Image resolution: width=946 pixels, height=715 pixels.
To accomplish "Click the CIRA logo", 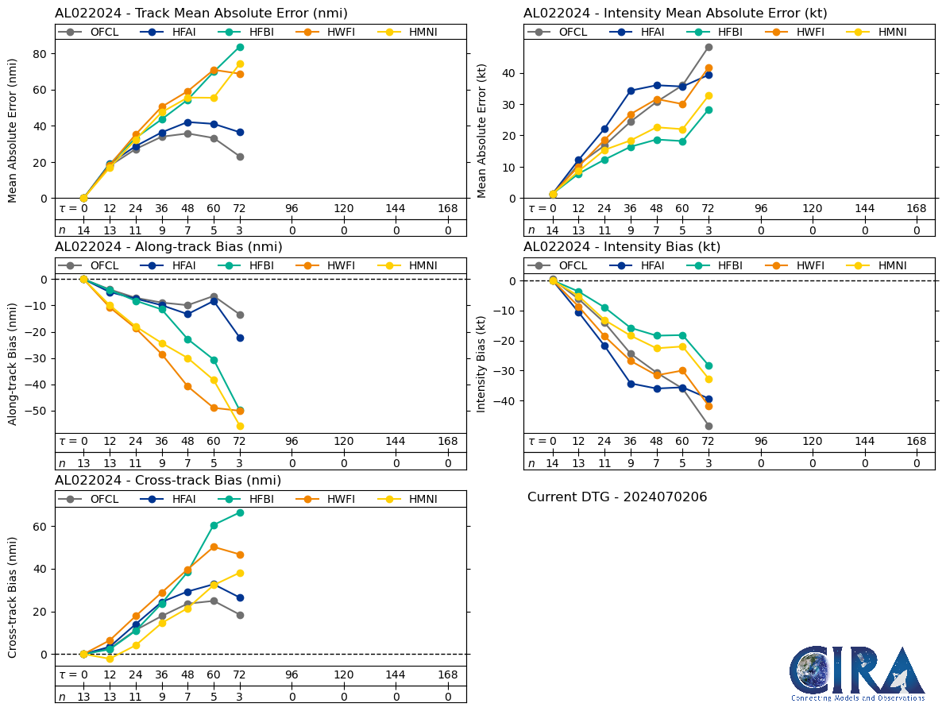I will point(856,673).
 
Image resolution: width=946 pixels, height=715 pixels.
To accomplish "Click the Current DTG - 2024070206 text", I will point(616,497).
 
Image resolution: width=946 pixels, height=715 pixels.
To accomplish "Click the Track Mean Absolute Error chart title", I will point(201,14).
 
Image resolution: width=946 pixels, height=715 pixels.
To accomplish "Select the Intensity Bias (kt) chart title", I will point(622,247).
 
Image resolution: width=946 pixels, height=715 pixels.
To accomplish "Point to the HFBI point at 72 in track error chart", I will point(240,47).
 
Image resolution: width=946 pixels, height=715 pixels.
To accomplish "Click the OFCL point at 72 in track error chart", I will point(240,157).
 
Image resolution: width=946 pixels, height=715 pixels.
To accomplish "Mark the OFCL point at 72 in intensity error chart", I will point(709,47).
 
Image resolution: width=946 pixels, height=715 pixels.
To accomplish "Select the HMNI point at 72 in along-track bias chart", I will point(240,426).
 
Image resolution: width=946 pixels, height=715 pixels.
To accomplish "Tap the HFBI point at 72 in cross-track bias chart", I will point(240,512).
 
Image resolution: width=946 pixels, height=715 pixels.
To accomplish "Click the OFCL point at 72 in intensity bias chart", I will point(709,426).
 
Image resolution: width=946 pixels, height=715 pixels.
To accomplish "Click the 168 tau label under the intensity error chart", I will point(917,209).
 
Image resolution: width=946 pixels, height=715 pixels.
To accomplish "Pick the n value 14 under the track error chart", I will point(83,230).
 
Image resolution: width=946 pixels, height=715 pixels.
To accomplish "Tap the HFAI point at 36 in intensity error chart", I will point(631,91).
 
